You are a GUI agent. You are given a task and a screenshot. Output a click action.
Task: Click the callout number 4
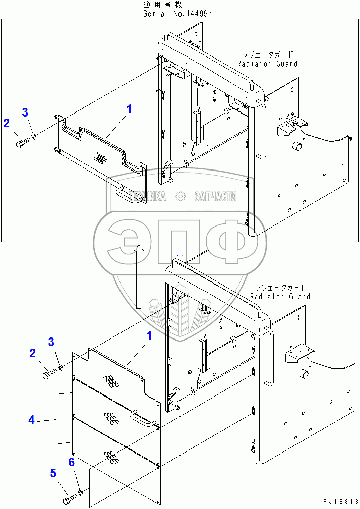coord(32,419)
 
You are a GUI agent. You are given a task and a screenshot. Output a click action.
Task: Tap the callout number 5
coord(52,473)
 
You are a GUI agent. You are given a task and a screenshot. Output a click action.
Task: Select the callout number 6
coord(71,462)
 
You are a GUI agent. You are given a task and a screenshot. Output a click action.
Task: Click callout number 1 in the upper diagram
coord(129,108)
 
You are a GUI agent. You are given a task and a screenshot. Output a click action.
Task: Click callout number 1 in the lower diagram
coord(149,335)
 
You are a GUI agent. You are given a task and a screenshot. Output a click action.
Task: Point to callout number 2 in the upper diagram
coord(6,122)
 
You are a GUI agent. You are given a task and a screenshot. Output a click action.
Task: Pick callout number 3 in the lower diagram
coord(51,342)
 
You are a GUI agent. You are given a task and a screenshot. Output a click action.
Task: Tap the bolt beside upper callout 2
coord(21,144)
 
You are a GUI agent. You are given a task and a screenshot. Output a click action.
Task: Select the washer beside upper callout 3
coord(33,135)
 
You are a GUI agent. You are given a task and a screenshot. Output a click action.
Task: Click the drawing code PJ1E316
coord(340,501)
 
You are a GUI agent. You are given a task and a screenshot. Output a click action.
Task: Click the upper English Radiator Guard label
coord(267,64)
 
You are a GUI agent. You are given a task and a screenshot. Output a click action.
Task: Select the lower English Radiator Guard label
coord(280,297)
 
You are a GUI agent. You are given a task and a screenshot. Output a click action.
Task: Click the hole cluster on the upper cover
coord(102,158)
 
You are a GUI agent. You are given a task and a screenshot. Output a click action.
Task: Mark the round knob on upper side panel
coord(297,147)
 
